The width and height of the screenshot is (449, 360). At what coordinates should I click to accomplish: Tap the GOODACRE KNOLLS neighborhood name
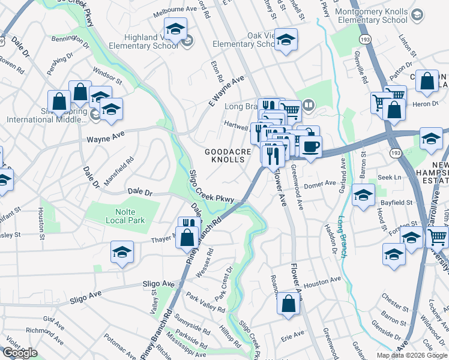(x=228, y=156)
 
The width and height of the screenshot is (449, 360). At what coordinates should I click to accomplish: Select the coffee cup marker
(x=310, y=146)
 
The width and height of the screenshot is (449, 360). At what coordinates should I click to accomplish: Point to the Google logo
(x=20, y=353)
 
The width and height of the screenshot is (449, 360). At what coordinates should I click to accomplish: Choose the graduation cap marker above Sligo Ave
(x=122, y=253)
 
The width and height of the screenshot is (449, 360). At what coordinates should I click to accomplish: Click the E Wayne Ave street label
(x=228, y=89)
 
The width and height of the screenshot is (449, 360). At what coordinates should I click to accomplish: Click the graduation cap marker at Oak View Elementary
(x=286, y=40)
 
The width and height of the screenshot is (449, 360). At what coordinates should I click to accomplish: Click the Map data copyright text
(x=412, y=355)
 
